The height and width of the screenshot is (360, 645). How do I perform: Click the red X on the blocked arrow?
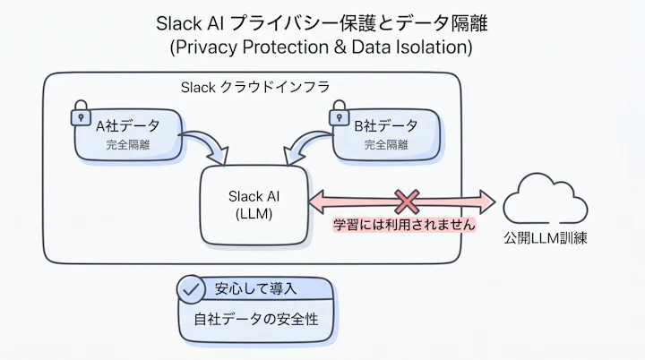407,200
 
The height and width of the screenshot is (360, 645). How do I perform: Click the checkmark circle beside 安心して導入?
191,289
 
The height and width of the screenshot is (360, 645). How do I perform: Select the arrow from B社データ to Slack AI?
305,145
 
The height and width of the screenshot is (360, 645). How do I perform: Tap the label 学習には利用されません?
404,226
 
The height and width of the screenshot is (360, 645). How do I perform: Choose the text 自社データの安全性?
257,318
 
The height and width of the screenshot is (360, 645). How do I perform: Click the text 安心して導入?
256,289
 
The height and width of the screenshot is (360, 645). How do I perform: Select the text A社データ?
132,125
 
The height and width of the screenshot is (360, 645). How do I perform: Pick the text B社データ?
386,125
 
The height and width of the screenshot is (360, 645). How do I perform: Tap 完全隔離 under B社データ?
386,143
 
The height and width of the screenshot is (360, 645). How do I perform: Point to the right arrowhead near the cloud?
487,200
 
